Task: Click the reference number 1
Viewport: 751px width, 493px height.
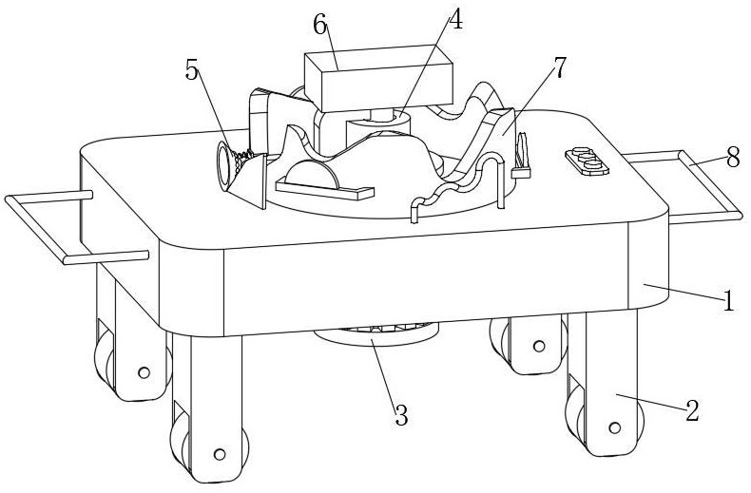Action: click(728, 303)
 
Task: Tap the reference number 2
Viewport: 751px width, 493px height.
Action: click(692, 411)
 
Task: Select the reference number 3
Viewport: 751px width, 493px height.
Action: click(401, 414)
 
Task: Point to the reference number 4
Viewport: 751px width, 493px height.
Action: click(456, 20)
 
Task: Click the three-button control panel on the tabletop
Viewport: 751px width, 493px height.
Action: click(587, 162)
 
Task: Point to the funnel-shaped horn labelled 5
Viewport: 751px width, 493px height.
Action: click(238, 171)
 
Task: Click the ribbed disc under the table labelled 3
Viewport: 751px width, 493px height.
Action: click(376, 335)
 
